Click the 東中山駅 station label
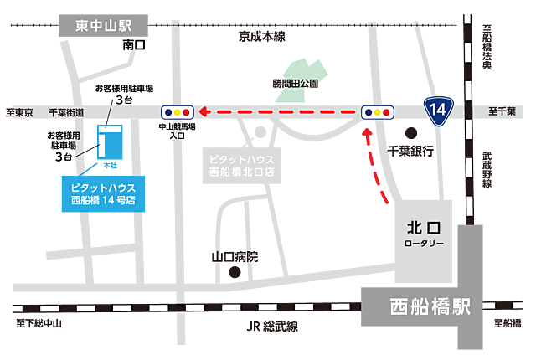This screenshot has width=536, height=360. (104, 26)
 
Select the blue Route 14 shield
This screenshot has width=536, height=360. (436, 110)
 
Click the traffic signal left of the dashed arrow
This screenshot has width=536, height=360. (178, 111)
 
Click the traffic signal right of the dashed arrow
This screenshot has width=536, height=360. (376, 111)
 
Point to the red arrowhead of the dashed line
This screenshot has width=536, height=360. (204, 111)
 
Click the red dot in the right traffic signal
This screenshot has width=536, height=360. (386, 111)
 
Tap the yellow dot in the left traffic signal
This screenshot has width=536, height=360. (178, 111)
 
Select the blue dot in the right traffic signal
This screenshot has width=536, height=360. (367, 111)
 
